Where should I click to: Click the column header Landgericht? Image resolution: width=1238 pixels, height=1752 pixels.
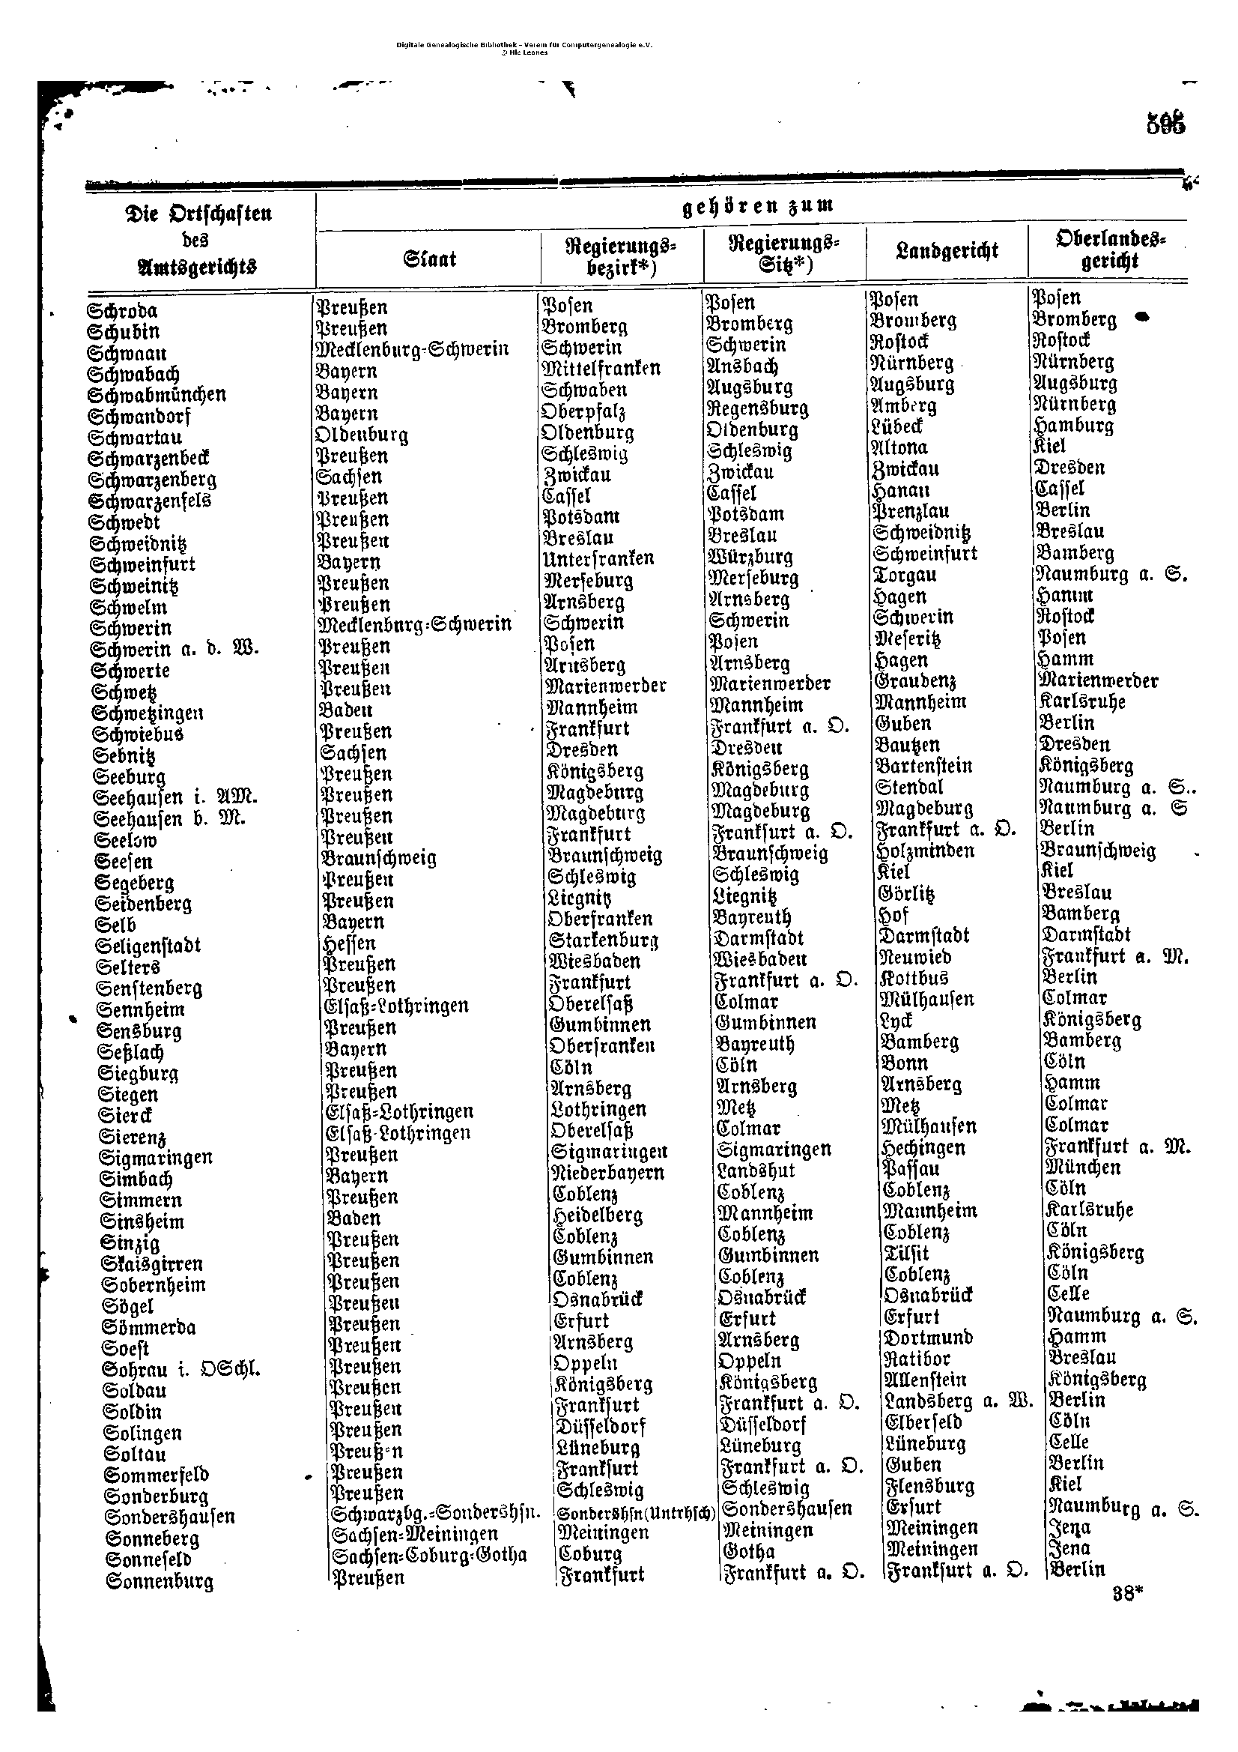click(x=947, y=251)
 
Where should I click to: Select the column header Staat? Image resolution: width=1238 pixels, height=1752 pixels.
click(x=430, y=259)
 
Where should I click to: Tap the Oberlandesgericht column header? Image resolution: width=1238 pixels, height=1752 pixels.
click(x=1111, y=250)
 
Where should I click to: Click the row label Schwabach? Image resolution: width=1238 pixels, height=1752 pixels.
click(x=133, y=375)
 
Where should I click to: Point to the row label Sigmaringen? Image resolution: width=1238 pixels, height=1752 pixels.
click(x=156, y=1158)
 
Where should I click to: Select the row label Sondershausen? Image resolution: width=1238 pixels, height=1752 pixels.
click(x=170, y=1517)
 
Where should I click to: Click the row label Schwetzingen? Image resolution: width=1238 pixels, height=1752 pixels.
click(x=148, y=713)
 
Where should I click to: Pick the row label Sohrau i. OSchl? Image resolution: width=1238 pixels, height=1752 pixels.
click(x=181, y=1369)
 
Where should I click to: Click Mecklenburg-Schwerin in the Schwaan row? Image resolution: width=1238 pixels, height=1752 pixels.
click(x=412, y=349)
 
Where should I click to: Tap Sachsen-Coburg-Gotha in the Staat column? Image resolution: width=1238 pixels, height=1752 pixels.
click(x=429, y=1555)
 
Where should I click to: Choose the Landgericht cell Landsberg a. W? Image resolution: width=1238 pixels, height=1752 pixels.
click(x=958, y=1401)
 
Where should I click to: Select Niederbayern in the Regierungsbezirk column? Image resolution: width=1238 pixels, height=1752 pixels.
click(x=608, y=1173)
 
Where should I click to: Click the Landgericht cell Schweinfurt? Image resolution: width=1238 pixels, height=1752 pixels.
click(x=925, y=553)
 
